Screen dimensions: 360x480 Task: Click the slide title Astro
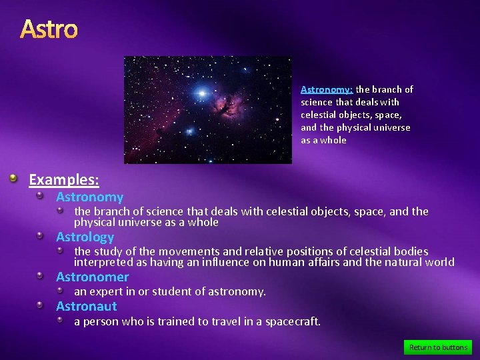coord(49,29)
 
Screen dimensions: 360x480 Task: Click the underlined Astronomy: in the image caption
coord(327,89)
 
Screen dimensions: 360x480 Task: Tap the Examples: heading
coord(64,180)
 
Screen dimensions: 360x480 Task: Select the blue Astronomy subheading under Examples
coord(89,197)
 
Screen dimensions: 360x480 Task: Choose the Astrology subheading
coord(85,237)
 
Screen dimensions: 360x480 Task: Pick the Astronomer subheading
coord(92,277)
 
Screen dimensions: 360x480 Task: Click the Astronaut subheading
coord(86,307)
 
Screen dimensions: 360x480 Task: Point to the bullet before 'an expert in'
coord(60,291)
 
